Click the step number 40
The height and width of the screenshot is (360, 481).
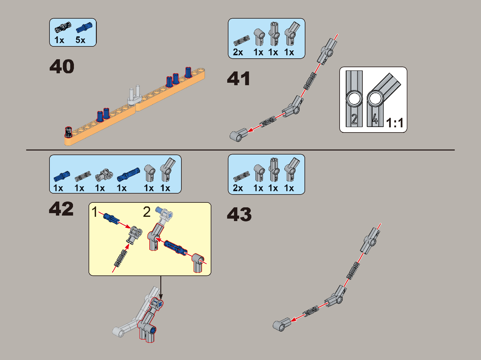point(62,66)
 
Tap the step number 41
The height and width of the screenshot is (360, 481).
point(239,78)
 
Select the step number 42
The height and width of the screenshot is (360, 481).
point(61,209)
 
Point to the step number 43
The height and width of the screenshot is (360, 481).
point(239,214)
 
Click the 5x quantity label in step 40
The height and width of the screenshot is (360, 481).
point(80,40)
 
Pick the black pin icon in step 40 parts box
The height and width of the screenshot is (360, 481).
point(63,27)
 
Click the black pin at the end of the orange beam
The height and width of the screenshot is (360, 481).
point(68,132)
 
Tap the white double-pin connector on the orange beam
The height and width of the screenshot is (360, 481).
point(135,96)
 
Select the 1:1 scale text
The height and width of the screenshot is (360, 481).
point(395,123)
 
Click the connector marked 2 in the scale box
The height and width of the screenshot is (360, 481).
point(354,99)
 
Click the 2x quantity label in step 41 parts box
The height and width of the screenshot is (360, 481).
point(238,53)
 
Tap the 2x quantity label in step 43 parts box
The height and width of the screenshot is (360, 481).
point(238,188)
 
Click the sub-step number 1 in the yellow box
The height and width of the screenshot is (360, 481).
point(94,212)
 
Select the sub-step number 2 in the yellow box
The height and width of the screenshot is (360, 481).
point(147,212)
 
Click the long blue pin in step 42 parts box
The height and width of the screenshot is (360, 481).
point(128,174)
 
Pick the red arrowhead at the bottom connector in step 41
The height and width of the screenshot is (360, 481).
point(250,130)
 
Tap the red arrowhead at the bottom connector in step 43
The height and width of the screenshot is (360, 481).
point(293,319)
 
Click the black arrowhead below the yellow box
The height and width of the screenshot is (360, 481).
point(161,297)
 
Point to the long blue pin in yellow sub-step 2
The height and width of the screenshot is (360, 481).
point(176,248)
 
